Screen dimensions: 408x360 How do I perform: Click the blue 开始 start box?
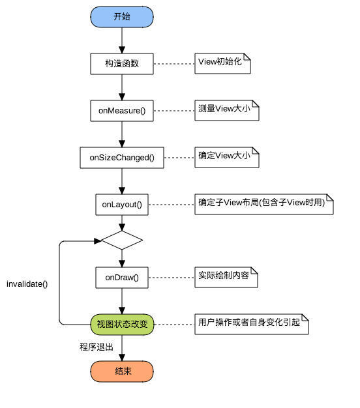122,17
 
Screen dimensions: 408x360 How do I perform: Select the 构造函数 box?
122,64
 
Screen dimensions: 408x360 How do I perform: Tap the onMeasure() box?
122,111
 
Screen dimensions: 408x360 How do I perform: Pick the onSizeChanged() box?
122,157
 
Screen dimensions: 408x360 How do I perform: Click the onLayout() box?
122,204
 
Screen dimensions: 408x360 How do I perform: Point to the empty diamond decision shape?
122,240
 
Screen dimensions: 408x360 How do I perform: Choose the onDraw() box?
122,277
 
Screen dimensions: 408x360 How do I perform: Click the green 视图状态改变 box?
122,324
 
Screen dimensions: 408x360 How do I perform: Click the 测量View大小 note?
227,110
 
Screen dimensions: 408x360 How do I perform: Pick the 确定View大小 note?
227,157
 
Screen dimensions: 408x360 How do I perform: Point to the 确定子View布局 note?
264,203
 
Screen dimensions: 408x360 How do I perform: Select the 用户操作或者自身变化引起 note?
252,324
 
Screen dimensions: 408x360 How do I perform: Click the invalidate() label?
27,284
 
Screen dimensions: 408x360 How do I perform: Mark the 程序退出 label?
92,347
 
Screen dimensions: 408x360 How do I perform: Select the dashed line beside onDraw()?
171,277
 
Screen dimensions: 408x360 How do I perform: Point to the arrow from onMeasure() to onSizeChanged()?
122,134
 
